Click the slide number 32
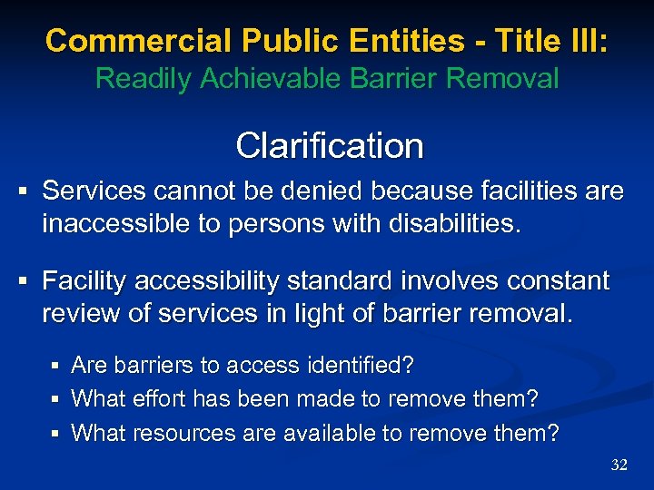point(619,465)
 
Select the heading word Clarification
point(329,145)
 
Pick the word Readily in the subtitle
point(143,79)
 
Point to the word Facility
point(84,281)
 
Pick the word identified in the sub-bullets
point(358,366)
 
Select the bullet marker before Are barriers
point(56,367)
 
